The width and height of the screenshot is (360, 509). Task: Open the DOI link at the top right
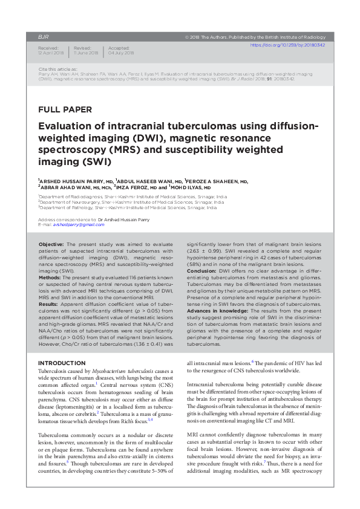click(x=288, y=45)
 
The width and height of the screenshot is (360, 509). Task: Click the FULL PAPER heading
click(x=65, y=110)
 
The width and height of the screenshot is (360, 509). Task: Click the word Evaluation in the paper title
click(x=70, y=126)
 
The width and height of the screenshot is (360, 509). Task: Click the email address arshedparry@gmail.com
click(x=79, y=224)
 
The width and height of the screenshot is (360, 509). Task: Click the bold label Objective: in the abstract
click(x=56, y=242)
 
